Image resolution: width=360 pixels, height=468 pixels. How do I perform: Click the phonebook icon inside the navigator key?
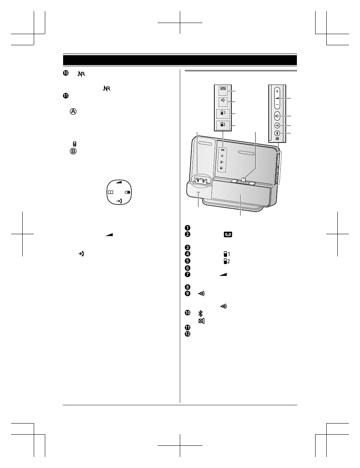[x=110, y=193]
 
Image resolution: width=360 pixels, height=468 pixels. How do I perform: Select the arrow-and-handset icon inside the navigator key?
[x=119, y=202]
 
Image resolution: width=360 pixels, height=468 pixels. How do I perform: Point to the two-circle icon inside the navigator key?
[x=128, y=193]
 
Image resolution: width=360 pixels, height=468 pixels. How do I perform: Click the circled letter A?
[x=73, y=111]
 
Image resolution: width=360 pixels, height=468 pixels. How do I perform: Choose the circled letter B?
[x=73, y=151]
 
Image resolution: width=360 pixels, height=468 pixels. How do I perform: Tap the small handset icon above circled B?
[x=75, y=144]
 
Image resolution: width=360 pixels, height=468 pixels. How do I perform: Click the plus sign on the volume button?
[x=277, y=91]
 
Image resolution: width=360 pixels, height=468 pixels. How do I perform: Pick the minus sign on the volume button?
[x=277, y=105]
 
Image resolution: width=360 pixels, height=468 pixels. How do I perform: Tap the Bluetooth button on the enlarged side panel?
[x=277, y=133]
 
